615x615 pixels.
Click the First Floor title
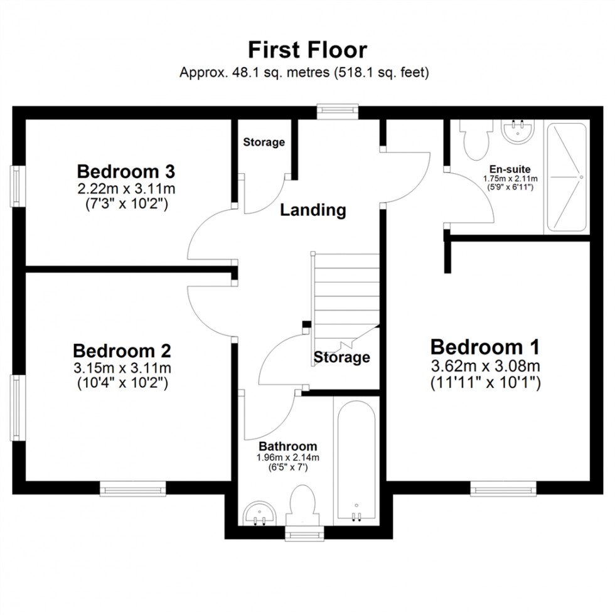click(x=307, y=50)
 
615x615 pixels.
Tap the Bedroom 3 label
click(x=126, y=171)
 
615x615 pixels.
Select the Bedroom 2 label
click(x=122, y=350)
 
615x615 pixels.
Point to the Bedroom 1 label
click(x=485, y=346)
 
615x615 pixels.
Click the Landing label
click(x=313, y=210)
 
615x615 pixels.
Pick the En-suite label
click(x=510, y=169)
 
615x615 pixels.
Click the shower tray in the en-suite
click(x=567, y=177)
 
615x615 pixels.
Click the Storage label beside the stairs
click(x=342, y=358)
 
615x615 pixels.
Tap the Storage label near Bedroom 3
click(x=264, y=142)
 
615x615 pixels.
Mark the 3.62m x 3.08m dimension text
click(x=485, y=366)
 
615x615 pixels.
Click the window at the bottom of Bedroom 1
click(x=503, y=488)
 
